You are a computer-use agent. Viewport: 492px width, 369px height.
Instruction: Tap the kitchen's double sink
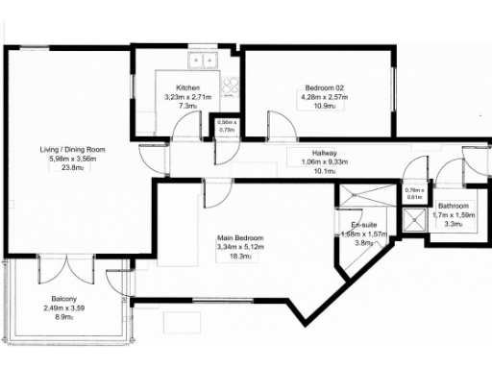(x=203, y=61)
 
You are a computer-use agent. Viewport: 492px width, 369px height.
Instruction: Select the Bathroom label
(x=453, y=206)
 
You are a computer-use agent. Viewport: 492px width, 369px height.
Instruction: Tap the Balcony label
(x=64, y=299)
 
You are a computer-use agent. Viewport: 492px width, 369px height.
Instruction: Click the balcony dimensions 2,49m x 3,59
(x=64, y=307)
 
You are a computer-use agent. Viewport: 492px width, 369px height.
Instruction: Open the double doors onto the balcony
(x=65, y=268)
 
